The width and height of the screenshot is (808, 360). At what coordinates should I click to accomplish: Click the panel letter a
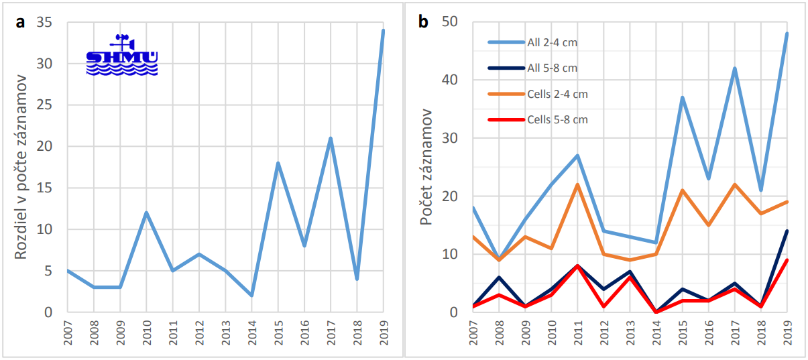tap(21, 22)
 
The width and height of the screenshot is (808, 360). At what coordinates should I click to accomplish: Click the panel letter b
tap(423, 22)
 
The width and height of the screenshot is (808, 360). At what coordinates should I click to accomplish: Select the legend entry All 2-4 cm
tap(552, 42)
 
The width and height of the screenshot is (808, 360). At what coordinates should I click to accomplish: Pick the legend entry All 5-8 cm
tap(552, 68)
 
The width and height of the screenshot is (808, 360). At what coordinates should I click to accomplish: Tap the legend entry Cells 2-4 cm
tap(557, 94)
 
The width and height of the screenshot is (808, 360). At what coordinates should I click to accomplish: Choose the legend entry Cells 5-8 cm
tap(557, 119)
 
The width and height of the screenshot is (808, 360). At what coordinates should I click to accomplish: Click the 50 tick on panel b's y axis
tap(451, 22)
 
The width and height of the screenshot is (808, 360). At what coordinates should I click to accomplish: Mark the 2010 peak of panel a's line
tap(146, 213)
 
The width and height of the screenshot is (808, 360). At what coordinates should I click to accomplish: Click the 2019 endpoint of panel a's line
tap(383, 30)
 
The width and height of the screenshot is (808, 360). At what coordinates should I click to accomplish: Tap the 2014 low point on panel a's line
tap(251, 296)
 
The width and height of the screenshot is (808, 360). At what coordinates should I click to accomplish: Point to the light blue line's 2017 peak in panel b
tap(734, 68)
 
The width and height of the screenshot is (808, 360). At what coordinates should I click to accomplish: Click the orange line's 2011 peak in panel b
tap(577, 184)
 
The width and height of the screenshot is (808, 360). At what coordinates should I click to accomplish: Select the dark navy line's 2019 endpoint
tap(787, 231)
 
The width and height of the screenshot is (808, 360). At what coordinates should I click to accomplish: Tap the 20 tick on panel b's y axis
tap(451, 196)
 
